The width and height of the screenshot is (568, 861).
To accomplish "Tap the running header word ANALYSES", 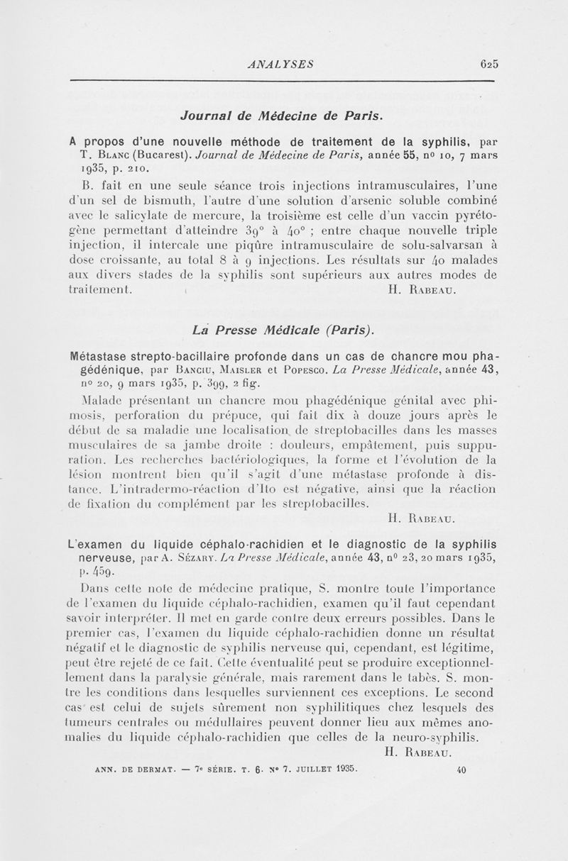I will click(x=276, y=63).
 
